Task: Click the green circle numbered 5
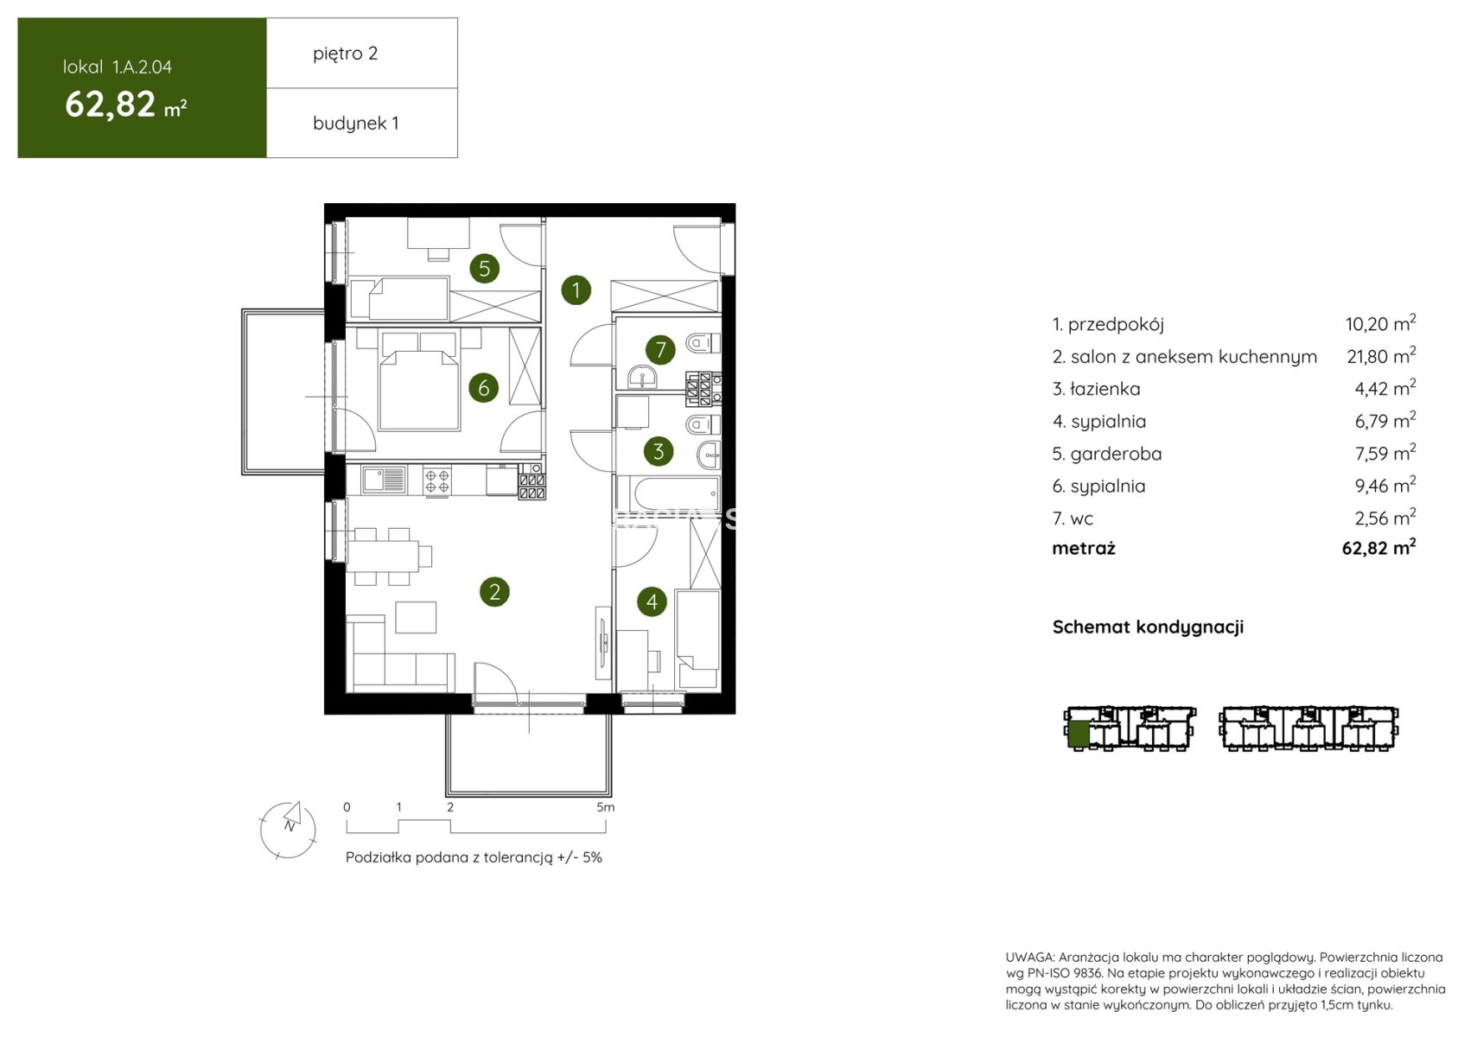(x=485, y=268)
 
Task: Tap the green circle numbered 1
(x=576, y=290)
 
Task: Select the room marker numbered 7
(x=660, y=349)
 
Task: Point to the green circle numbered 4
(x=653, y=601)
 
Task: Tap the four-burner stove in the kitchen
(x=437, y=480)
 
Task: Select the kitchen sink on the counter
(x=384, y=480)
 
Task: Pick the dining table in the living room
(x=383, y=556)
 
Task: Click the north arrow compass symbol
(x=288, y=830)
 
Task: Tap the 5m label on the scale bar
(x=605, y=807)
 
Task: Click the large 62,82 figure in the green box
(x=110, y=105)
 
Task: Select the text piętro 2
(x=346, y=54)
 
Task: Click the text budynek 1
(x=356, y=124)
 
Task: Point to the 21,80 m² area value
(x=1381, y=355)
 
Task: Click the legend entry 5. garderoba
(x=1107, y=454)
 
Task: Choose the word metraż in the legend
(x=1084, y=549)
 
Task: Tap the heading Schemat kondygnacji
(x=1148, y=627)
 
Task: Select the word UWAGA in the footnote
(x=1029, y=957)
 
